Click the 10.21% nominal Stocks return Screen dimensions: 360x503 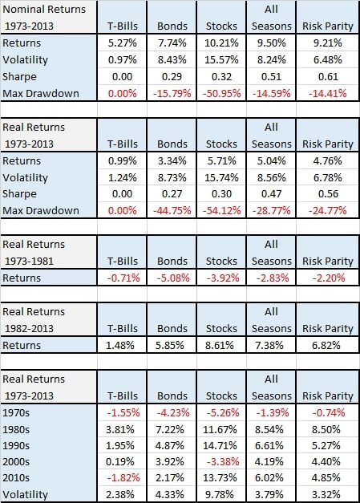tap(221, 43)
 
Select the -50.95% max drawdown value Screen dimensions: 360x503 tap(221, 93)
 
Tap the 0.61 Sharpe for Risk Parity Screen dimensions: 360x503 tap(328, 77)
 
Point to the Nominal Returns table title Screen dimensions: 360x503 tap(44, 10)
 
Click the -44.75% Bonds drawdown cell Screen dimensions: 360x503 tap(172, 210)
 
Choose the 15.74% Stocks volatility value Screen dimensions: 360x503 tap(221, 177)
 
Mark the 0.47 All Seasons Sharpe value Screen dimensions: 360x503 tap(271, 194)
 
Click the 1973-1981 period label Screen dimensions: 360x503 tap(29, 261)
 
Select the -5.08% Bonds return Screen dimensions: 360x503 tap(173, 278)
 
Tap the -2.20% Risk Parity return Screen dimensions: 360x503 tap(329, 278)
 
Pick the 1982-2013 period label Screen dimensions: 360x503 tap(29, 328)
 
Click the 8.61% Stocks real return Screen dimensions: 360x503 tap(220, 345)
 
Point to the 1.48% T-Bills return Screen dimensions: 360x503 tap(120, 345)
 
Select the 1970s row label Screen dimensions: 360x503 tap(16, 412)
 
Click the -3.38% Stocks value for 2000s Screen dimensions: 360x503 tap(223, 461)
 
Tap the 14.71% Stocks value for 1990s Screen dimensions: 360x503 tap(220, 445)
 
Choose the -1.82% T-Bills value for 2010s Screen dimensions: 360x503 tap(123, 477)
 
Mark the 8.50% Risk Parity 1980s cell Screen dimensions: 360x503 tap(326, 429)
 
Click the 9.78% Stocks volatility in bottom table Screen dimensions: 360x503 tap(220, 494)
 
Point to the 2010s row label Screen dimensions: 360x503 tap(16, 477)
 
